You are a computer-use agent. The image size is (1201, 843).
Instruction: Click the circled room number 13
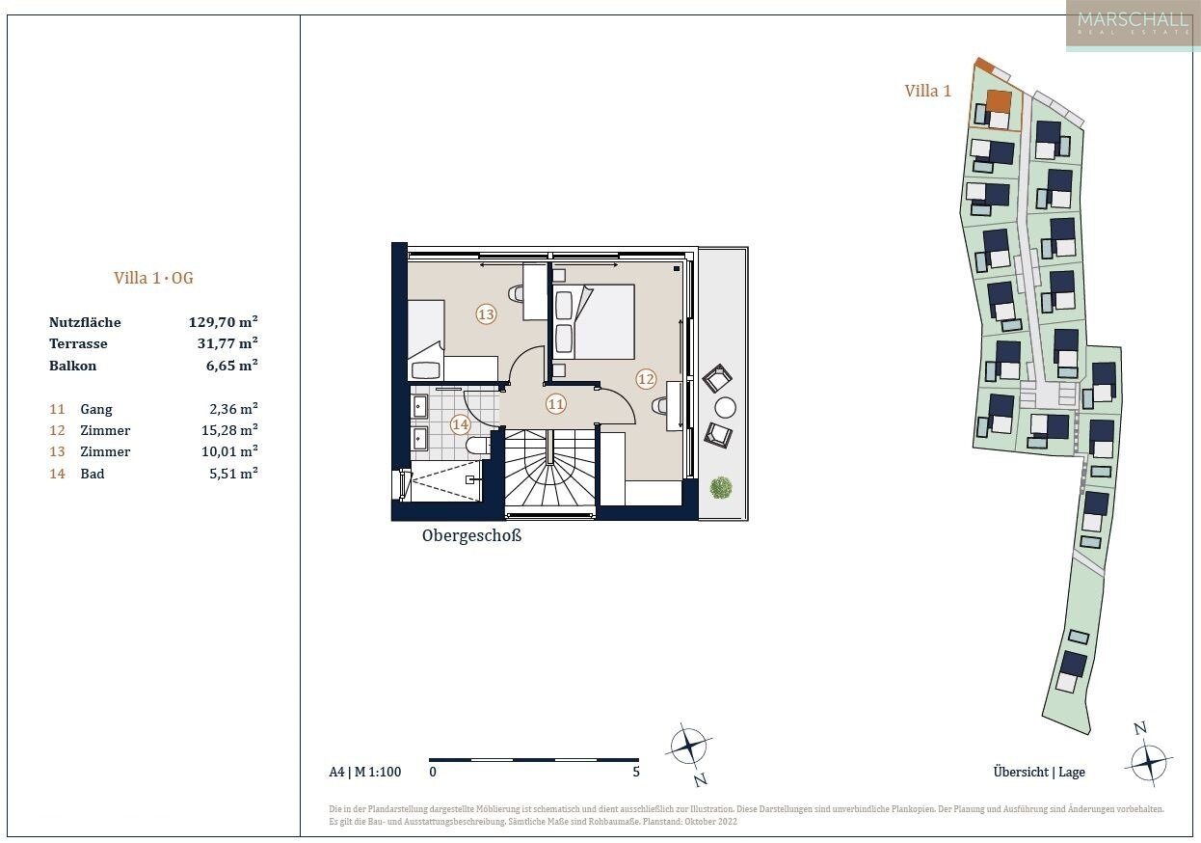[x=486, y=313]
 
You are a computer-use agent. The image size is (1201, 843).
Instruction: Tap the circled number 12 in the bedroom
[x=646, y=379]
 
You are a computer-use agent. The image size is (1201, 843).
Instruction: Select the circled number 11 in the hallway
[x=556, y=404]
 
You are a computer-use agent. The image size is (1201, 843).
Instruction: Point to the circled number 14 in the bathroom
[x=460, y=425]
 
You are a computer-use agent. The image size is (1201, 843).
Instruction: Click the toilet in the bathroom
[x=476, y=446]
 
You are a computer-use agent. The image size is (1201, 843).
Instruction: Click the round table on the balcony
[x=725, y=408]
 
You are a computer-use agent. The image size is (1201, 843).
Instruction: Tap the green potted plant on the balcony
[x=721, y=488]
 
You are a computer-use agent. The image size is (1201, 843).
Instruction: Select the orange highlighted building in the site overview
[x=1000, y=101]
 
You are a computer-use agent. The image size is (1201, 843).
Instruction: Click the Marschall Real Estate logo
[x=1133, y=25]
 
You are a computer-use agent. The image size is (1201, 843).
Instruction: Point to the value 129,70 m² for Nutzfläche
[x=223, y=322]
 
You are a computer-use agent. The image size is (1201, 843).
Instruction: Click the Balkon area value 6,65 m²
[x=231, y=366]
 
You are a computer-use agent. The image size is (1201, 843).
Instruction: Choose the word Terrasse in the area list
[x=78, y=344]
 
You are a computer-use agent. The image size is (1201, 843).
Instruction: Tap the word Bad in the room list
[x=93, y=474]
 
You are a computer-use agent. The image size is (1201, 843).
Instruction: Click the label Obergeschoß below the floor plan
[x=472, y=535]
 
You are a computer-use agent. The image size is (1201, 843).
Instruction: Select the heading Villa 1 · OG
[x=153, y=278]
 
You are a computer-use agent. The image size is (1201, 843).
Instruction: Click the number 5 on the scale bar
[x=636, y=772]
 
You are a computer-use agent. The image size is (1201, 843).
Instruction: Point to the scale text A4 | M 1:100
[x=365, y=773]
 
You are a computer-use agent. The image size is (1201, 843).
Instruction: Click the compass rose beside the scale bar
[x=689, y=747]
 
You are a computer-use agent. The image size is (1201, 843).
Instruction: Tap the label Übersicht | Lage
[x=1039, y=773]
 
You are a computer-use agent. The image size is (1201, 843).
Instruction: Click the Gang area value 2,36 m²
[x=233, y=409]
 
